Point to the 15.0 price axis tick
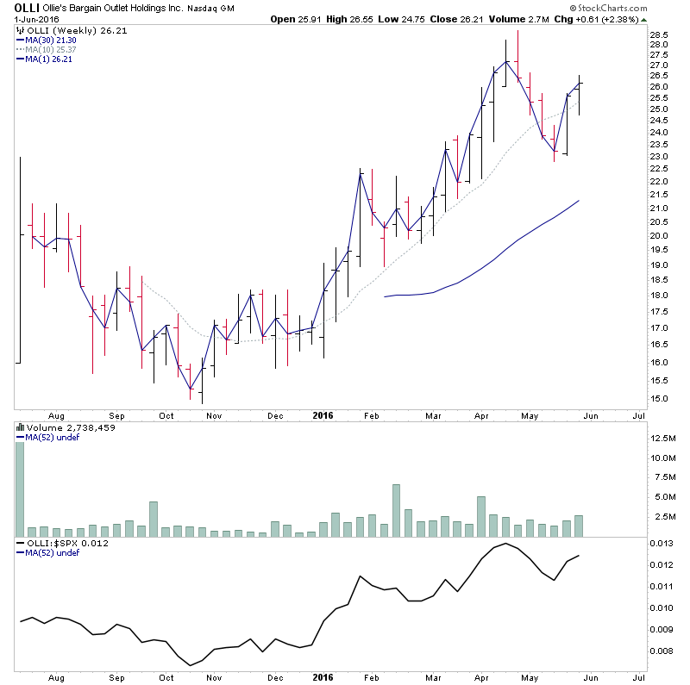(659, 398)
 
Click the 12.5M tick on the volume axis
(662, 438)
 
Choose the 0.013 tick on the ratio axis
(661, 543)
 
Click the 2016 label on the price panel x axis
(321, 414)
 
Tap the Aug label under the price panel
(56, 414)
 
